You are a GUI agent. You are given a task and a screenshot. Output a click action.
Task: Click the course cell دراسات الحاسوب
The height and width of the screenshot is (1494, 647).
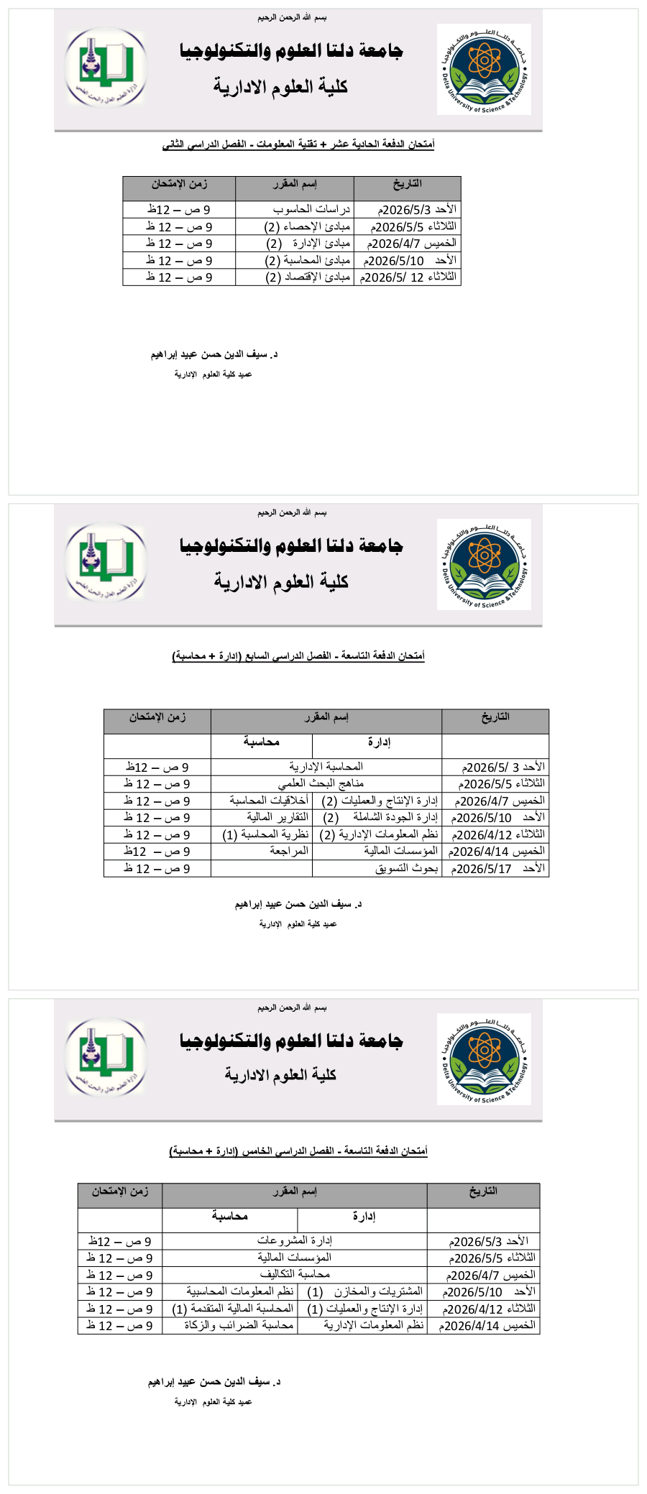[x=311, y=209]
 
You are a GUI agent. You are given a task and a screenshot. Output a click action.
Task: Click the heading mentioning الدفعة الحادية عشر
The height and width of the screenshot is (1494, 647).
[x=298, y=144]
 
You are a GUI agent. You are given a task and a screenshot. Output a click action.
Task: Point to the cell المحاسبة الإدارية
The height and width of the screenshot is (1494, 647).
[x=326, y=767]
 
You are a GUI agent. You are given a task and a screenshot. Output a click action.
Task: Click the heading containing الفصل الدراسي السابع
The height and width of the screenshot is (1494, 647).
[x=298, y=655]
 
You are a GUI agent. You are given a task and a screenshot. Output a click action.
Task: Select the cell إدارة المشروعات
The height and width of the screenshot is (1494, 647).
[x=295, y=1240]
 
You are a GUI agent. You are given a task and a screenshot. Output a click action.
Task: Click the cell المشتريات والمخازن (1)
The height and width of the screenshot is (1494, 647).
[x=364, y=1291]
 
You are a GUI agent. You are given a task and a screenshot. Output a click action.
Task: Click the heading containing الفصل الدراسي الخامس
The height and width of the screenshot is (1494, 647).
[x=298, y=1151]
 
